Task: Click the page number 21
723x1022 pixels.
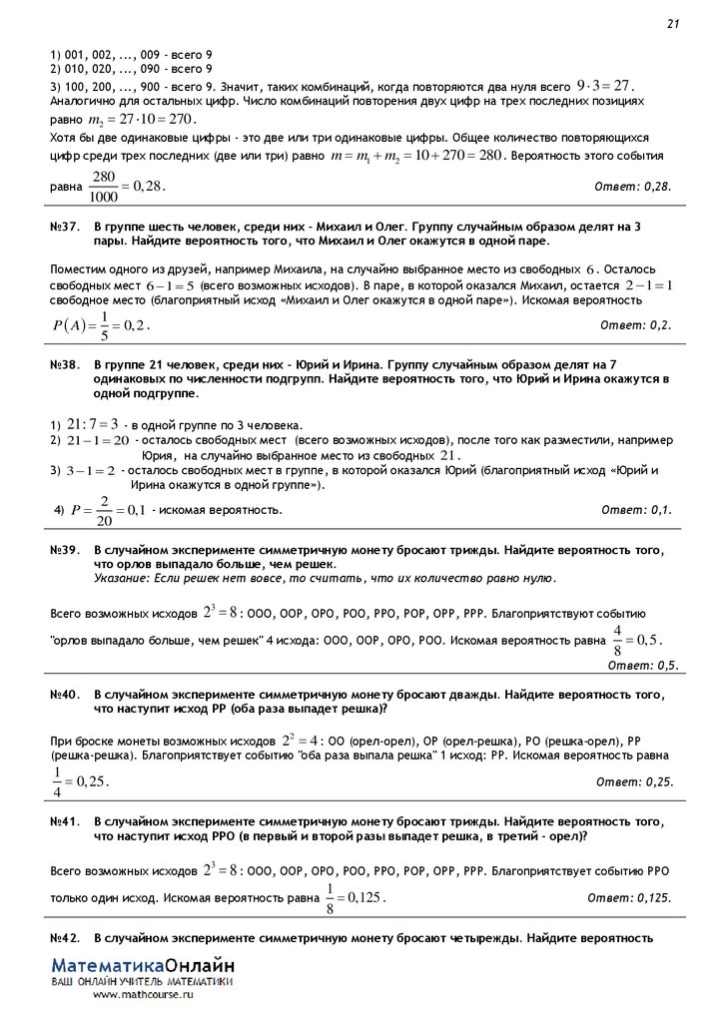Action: coord(673,24)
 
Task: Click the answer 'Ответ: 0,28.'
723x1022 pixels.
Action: coord(633,187)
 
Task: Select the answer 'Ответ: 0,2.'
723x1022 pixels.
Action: coord(636,325)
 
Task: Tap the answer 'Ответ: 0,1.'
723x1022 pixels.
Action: coord(636,510)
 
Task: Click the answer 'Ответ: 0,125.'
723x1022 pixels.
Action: coord(629,898)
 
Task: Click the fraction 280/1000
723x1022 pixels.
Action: coord(104,186)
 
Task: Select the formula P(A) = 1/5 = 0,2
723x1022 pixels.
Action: coord(100,325)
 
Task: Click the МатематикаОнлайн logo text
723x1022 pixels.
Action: coord(144,967)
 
